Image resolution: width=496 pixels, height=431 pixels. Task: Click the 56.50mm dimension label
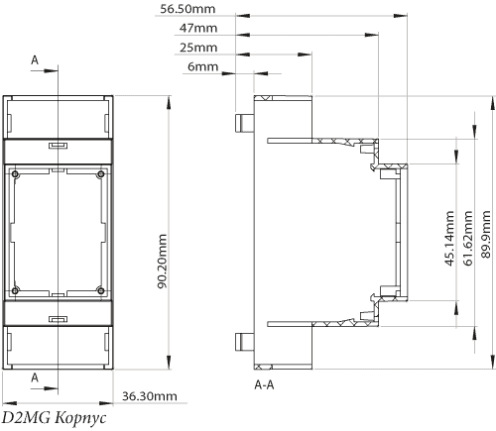point(187,9)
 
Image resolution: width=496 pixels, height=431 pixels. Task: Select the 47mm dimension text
point(198,28)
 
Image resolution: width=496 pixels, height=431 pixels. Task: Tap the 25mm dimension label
point(198,48)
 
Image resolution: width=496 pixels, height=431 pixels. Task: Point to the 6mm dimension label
point(203,66)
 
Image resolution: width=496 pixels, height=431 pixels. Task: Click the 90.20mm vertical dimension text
point(162,262)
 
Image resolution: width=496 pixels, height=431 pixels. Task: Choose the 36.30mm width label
point(150,396)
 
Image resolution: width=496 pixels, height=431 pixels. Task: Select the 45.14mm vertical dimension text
point(449,238)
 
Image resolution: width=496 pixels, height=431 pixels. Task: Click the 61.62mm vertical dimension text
point(468,238)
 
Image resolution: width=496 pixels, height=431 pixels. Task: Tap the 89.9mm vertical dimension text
point(486,234)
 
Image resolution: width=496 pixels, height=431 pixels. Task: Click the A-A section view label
point(264,384)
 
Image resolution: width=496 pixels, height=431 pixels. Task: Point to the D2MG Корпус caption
point(55,418)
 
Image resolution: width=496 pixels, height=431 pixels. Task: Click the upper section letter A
point(35,60)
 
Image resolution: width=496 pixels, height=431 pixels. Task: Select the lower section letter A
point(35,377)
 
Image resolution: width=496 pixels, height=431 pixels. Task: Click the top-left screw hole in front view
point(15,174)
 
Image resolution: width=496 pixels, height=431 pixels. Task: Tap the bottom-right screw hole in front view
point(101,290)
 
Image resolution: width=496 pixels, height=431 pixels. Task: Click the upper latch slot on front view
point(59,146)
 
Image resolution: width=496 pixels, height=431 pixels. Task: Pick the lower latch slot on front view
point(59,319)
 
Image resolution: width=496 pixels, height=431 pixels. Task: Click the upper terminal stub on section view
point(244,124)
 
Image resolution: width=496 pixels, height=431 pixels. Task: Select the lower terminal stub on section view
point(244,342)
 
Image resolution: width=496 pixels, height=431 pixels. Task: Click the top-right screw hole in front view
point(101,174)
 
